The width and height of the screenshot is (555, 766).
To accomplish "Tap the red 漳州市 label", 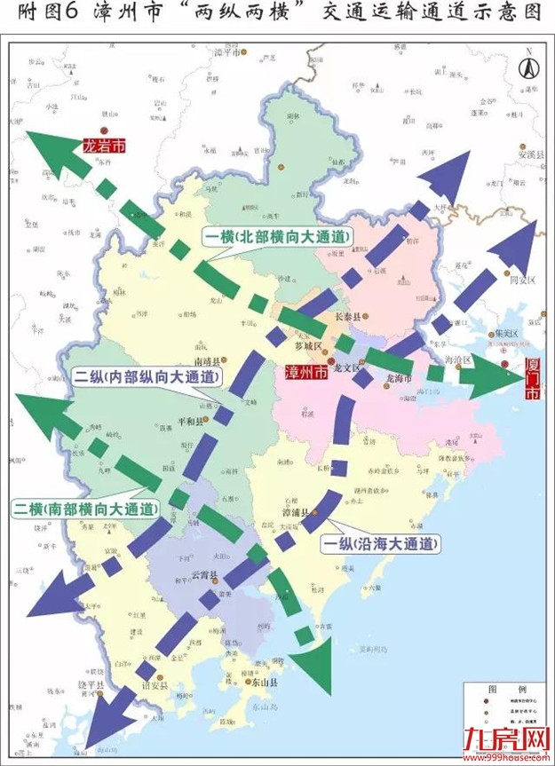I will (304, 374).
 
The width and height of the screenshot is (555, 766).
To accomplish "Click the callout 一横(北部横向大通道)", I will (277, 237).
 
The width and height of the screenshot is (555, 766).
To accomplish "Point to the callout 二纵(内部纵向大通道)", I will (146, 377).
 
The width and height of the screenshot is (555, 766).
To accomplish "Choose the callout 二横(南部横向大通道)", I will (85, 510).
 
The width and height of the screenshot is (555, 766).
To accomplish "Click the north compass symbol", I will (527, 67).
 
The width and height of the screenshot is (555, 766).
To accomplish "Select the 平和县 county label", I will (194, 422).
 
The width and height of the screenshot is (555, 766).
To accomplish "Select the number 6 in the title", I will (68, 12).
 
